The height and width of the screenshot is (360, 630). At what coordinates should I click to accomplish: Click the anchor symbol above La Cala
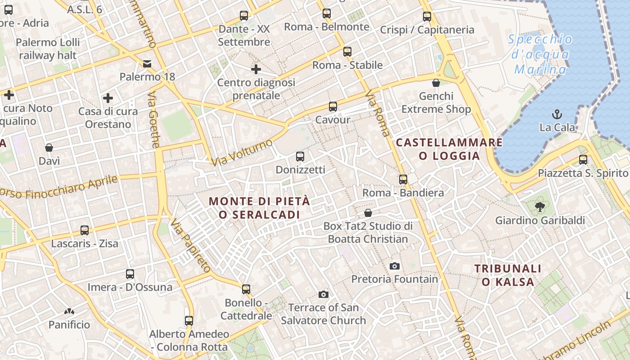click(557, 114)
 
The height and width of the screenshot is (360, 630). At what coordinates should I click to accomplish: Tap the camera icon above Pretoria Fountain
click(395, 266)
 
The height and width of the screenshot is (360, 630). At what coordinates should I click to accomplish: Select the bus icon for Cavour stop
click(333, 107)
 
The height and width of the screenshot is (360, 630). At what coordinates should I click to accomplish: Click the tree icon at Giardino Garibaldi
click(540, 207)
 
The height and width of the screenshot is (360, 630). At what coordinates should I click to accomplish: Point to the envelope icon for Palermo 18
click(147, 63)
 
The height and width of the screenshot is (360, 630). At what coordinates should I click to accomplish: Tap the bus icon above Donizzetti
click(300, 157)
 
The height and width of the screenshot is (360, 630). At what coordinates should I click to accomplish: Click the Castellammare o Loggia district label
click(449, 149)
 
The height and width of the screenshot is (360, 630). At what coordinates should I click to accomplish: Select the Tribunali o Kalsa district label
click(508, 275)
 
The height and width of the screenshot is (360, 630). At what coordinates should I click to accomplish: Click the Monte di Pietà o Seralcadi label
click(260, 207)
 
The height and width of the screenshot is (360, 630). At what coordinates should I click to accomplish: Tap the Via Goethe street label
click(154, 120)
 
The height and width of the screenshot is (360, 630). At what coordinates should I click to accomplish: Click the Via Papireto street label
click(190, 246)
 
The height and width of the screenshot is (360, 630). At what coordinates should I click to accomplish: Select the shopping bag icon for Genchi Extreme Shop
click(436, 83)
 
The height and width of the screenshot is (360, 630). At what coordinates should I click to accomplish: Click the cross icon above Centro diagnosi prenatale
click(256, 69)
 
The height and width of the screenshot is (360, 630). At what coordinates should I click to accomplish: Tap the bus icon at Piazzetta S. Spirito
click(583, 159)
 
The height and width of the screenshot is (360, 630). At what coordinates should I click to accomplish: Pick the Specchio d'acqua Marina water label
click(540, 54)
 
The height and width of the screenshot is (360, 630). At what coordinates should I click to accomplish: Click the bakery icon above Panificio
click(69, 311)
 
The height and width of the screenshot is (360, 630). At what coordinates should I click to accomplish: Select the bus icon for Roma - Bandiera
click(403, 179)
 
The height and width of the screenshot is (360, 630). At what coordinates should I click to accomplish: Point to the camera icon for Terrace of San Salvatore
click(323, 295)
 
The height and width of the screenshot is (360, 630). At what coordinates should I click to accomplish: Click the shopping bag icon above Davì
click(49, 148)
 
